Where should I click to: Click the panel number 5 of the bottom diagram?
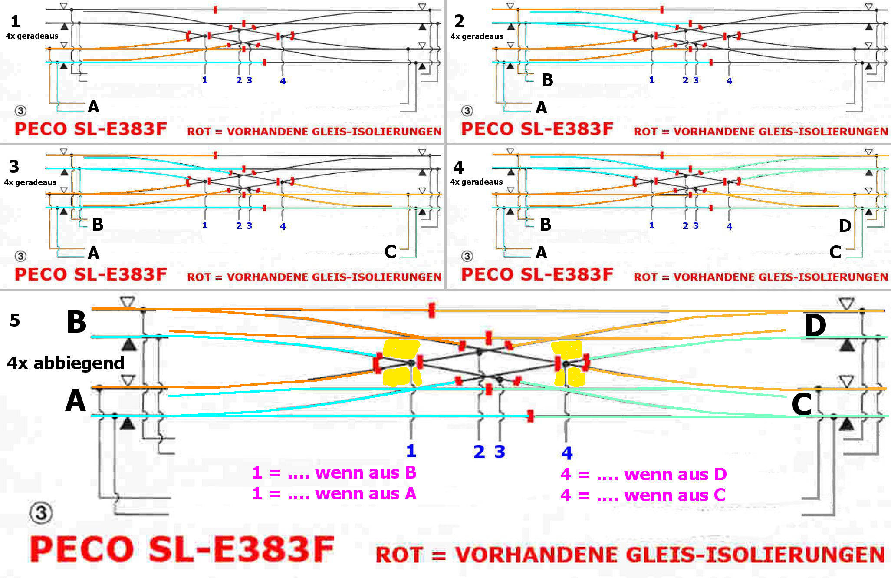pos(15,320)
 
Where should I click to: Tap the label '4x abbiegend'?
pos(66,363)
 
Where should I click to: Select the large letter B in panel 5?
pos(76,323)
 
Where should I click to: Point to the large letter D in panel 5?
pos(815,325)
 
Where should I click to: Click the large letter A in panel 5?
pos(76,400)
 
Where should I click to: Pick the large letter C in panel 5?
pos(801,405)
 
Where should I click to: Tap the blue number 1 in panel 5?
pos(411,451)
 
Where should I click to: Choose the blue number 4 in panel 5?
pos(567,453)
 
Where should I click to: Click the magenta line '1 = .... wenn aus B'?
pos(334,472)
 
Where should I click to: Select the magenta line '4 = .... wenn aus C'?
pos(643,495)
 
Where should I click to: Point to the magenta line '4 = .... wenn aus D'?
pos(643,474)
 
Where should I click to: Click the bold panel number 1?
pos(15,21)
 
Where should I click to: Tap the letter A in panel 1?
pos(93,106)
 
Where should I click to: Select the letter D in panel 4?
pos(845,226)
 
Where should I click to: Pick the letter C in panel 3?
pos(390,252)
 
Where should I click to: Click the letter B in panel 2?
pos(547,80)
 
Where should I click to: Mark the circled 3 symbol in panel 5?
pos(41,513)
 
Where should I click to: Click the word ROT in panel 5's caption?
pos(399,555)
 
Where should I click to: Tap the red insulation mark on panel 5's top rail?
pos(431,310)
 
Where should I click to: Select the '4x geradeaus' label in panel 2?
pos(477,36)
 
